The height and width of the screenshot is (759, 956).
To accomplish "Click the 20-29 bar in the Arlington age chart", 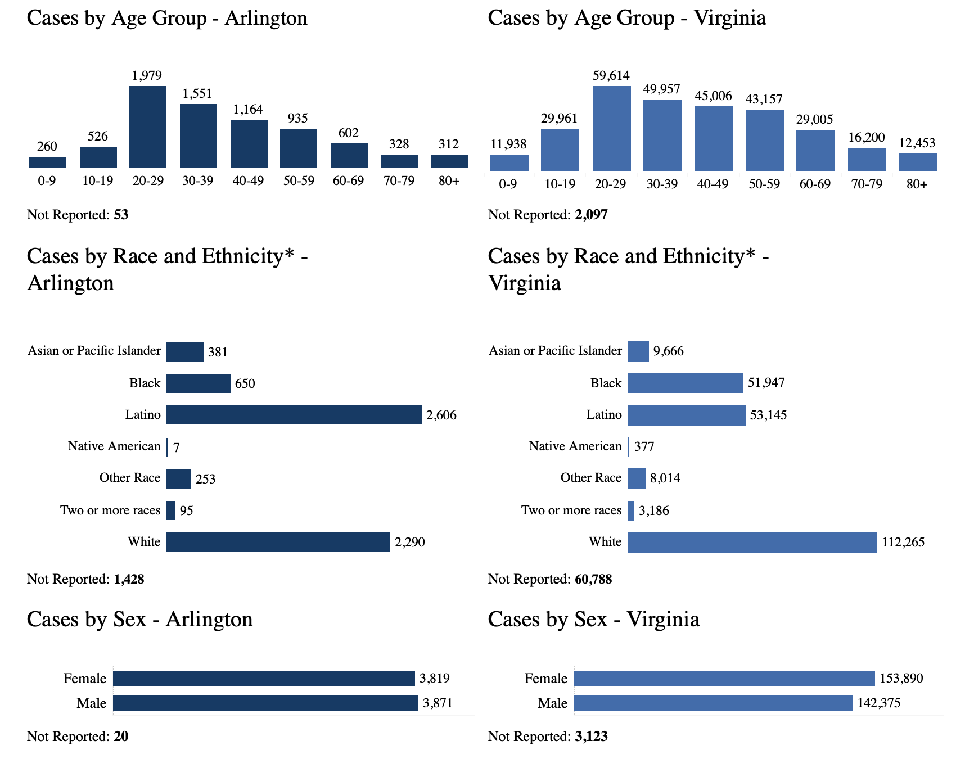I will point(148,127).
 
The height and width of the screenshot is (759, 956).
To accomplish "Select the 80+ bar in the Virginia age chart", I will point(917,162).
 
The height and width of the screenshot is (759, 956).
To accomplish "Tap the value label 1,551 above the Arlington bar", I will point(197,94).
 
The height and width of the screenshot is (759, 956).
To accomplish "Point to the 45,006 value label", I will point(714,96).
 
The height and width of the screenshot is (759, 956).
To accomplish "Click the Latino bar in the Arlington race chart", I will point(294,415).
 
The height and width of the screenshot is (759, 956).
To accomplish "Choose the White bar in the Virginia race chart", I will point(752,543).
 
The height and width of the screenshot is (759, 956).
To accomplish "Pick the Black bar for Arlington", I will point(198,383).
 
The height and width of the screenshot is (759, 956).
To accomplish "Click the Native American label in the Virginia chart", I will point(575,446).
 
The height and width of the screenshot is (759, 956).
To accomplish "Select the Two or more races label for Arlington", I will point(110,510).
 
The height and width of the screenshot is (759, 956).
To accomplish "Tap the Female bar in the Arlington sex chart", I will point(264,679).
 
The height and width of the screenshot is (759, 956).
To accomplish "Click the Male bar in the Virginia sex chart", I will point(713,703).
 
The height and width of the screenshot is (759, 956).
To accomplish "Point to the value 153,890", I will point(901,679).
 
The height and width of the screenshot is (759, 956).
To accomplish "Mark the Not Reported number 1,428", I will point(129,579).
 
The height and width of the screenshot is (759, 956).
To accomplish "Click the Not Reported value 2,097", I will point(591,215).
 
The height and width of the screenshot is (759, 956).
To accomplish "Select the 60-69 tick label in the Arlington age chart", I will point(349,181).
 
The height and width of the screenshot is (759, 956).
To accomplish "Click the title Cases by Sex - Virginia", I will point(594,620).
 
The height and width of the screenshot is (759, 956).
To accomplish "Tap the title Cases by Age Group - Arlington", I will point(167,18).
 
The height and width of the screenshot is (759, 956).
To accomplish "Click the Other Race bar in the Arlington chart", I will point(179,479).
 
